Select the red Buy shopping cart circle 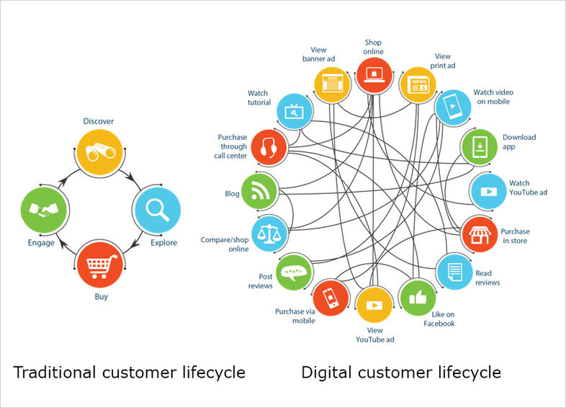101,266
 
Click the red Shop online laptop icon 374,74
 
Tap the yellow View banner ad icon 332,84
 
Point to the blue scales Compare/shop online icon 270,233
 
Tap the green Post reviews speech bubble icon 293,272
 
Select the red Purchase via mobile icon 331,297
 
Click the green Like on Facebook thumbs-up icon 418,297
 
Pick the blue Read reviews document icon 455,271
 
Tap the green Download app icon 478,147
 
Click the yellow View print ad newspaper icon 418,84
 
